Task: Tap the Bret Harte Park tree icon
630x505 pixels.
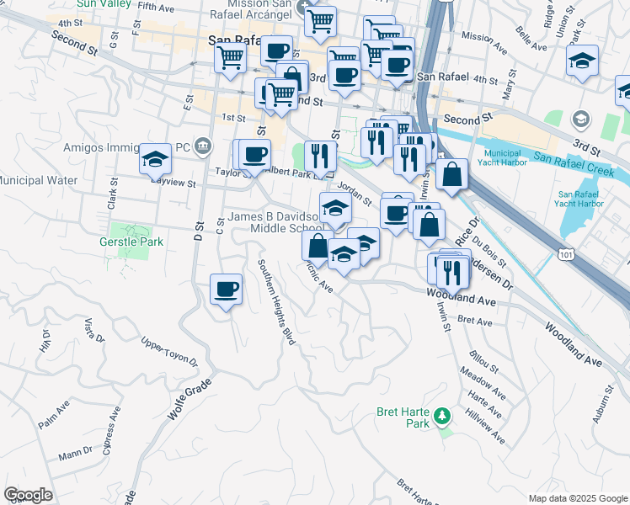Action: pyautogui.click(x=440, y=415)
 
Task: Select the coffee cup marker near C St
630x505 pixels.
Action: pyautogui.click(x=225, y=290)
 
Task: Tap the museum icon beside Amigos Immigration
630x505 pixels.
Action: pyautogui.click(x=203, y=146)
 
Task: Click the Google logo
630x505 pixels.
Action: pyautogui.click(x=28, y=495)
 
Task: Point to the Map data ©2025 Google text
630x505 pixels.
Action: pyautogui.click(x=578, y=498)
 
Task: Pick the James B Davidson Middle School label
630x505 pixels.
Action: pyautogui.click(x=275, y=223)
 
